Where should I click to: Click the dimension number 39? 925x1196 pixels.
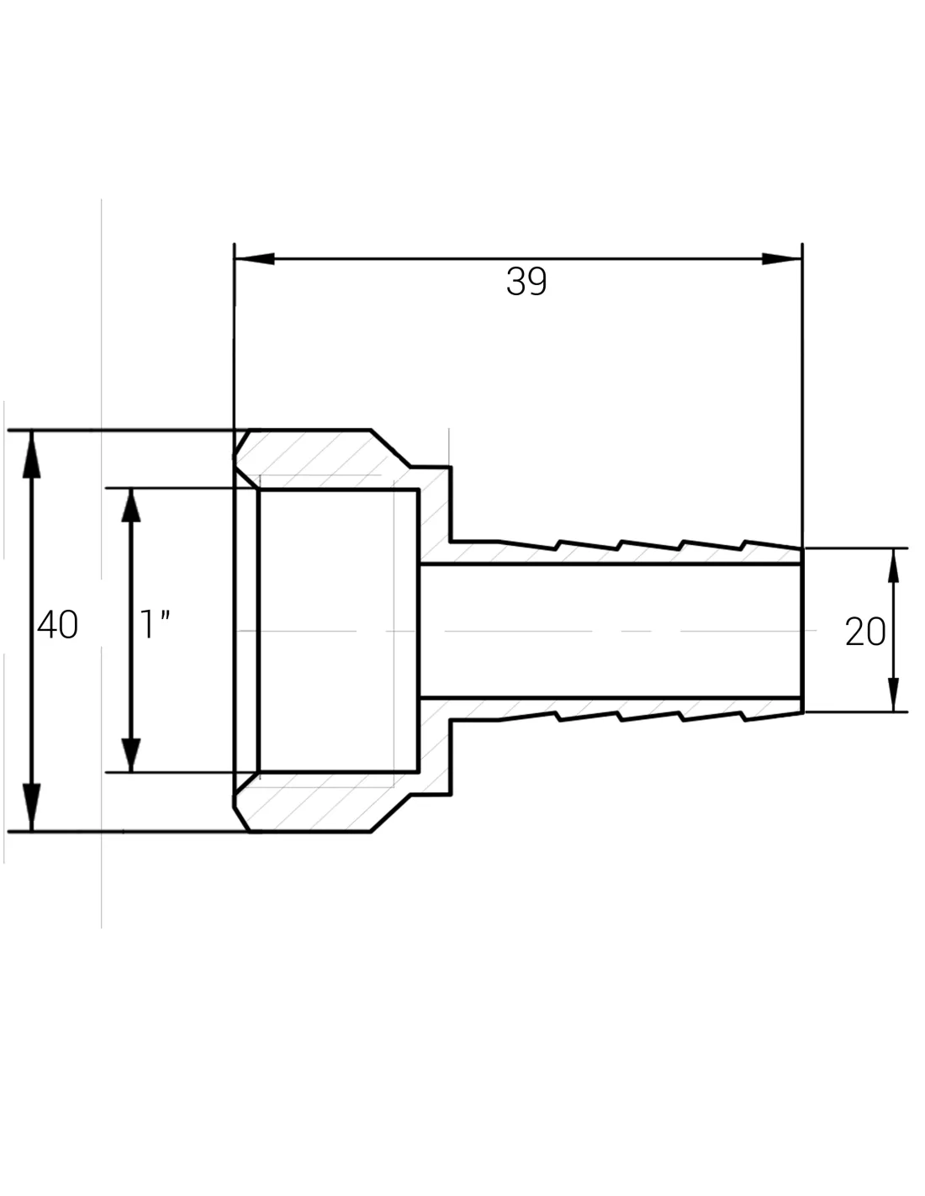pyautogui.click(x=526, y=282)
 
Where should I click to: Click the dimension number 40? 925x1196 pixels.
pyautogui.click(x=58, y=625)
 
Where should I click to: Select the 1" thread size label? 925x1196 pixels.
pyautogui.click(x=155, y=625)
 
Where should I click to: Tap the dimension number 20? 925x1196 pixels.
pyautogui.click(x=864, y=632)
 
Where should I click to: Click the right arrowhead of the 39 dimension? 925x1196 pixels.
pyautogui.click(x=781, y=259)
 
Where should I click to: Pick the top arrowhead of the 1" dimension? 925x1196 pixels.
pyautogui.click(x=130, y=509)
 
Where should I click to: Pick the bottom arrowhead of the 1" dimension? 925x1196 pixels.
pyautogui.click(x=130, y=751)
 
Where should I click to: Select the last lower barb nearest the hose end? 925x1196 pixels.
pyautogui.click(x=743, y=717)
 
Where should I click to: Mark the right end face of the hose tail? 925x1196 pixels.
pyautogui.click(x=803, y=630)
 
